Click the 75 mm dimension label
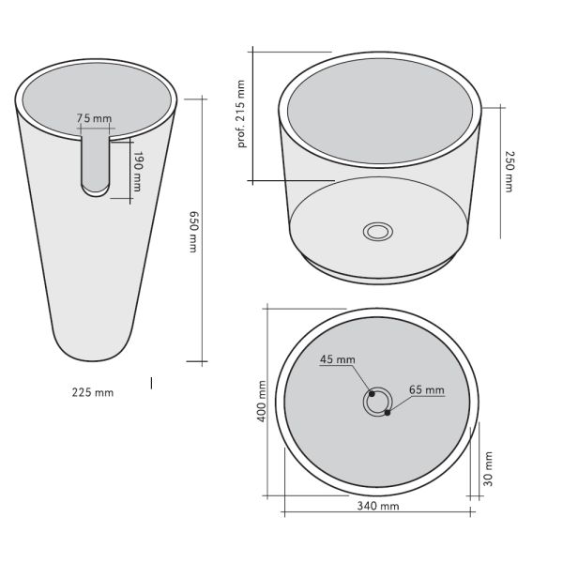pyautogui.click(x=94, y=118)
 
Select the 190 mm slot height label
pyautogui.click(x=137, y=171)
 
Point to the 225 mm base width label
pyautogui.click(x=92, y=392)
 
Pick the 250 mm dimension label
pyautogui.click(x=508, y=171)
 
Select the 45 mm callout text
pyautogui.click(x=338, y=359)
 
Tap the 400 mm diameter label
pyautogui.click(x=262, y=401)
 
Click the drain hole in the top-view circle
pyautogui.click(x=377, y=402)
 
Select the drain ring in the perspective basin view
pyautogui.click(x=379, y=231)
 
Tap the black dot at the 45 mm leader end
pyautogui.click(x=372, y=394)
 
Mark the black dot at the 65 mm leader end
pyautogui.click(x=388, y=412)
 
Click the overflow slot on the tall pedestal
pyautogui.click(x=96, y=165)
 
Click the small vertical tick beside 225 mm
pyautogui.click(x=152, y=381)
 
